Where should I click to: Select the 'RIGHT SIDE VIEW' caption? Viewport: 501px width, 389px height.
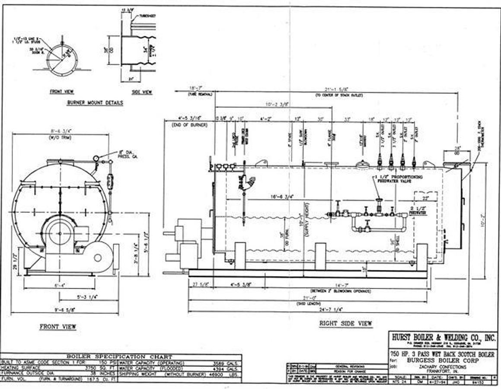click(345, 323)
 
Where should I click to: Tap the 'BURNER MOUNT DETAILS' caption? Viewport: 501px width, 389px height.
click(95, 103)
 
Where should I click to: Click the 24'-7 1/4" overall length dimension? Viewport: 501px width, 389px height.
click(329, 309)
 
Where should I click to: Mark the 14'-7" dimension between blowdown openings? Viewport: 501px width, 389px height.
click(341, 285)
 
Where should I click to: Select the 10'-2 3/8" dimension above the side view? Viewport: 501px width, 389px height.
click(277, 104)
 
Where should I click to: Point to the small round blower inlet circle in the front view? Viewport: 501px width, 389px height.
click(98, 258)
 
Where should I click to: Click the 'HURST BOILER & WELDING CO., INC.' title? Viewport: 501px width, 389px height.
click(444, 337)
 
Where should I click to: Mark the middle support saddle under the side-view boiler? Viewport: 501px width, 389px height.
click(320, 256)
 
